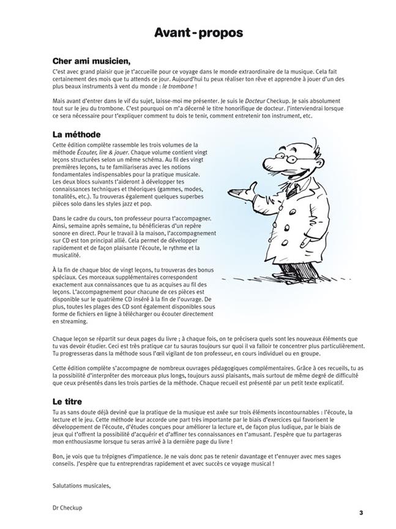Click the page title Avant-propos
198,32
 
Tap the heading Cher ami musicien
92,61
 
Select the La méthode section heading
77,134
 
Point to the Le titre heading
69,402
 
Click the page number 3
361,512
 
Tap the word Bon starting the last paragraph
59,457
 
